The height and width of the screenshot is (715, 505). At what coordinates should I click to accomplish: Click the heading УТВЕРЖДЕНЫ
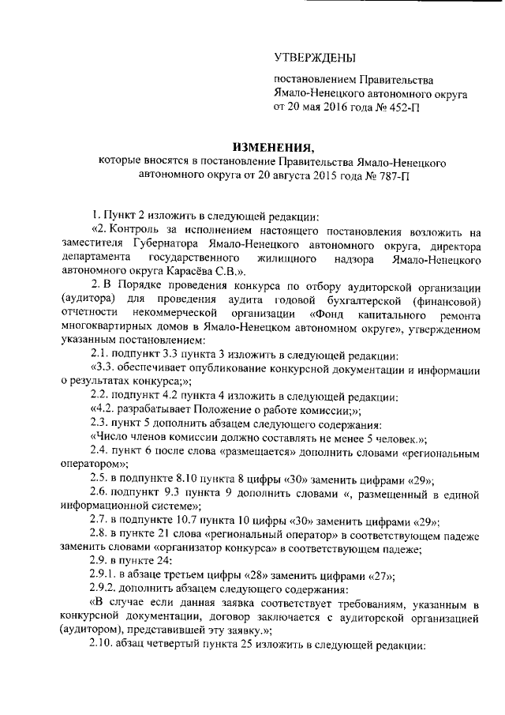314,57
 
